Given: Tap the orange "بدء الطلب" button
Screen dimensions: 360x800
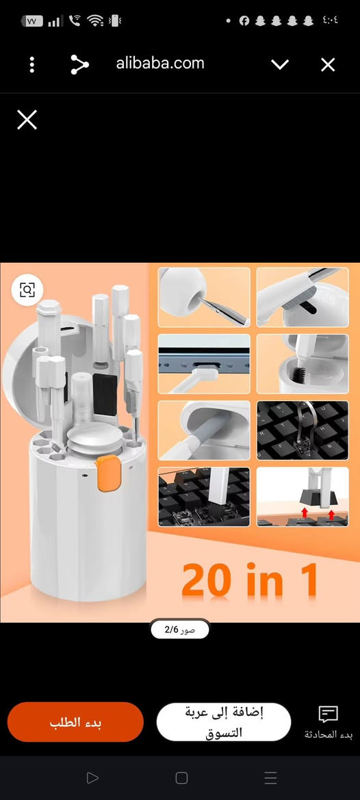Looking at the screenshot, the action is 75,722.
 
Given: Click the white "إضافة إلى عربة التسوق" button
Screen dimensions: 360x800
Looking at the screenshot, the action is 224,722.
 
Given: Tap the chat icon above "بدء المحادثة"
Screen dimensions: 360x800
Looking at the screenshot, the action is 329,714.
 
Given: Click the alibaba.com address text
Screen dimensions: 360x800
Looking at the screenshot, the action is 160,63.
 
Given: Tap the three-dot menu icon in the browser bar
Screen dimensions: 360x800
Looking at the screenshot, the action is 32,65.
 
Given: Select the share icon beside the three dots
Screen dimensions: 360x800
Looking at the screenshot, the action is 79,65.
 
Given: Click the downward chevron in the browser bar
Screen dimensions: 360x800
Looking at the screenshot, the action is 280,65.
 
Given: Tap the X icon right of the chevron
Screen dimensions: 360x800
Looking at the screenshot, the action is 328,65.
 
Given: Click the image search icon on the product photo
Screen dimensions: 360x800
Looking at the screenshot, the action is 27,289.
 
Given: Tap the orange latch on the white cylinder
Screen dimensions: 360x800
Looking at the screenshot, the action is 109,474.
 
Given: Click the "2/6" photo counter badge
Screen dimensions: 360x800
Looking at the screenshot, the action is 180,630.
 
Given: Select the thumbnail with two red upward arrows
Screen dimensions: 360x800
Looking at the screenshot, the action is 303,496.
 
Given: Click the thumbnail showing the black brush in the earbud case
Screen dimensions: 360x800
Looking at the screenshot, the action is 303,364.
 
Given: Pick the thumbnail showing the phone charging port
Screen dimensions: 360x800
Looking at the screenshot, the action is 204,364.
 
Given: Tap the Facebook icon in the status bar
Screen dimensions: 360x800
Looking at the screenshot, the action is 244,21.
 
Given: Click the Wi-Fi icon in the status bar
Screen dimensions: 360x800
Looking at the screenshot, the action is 95,21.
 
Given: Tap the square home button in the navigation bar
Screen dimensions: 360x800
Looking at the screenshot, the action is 181,777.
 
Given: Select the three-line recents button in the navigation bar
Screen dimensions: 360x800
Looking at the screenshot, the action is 271,777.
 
